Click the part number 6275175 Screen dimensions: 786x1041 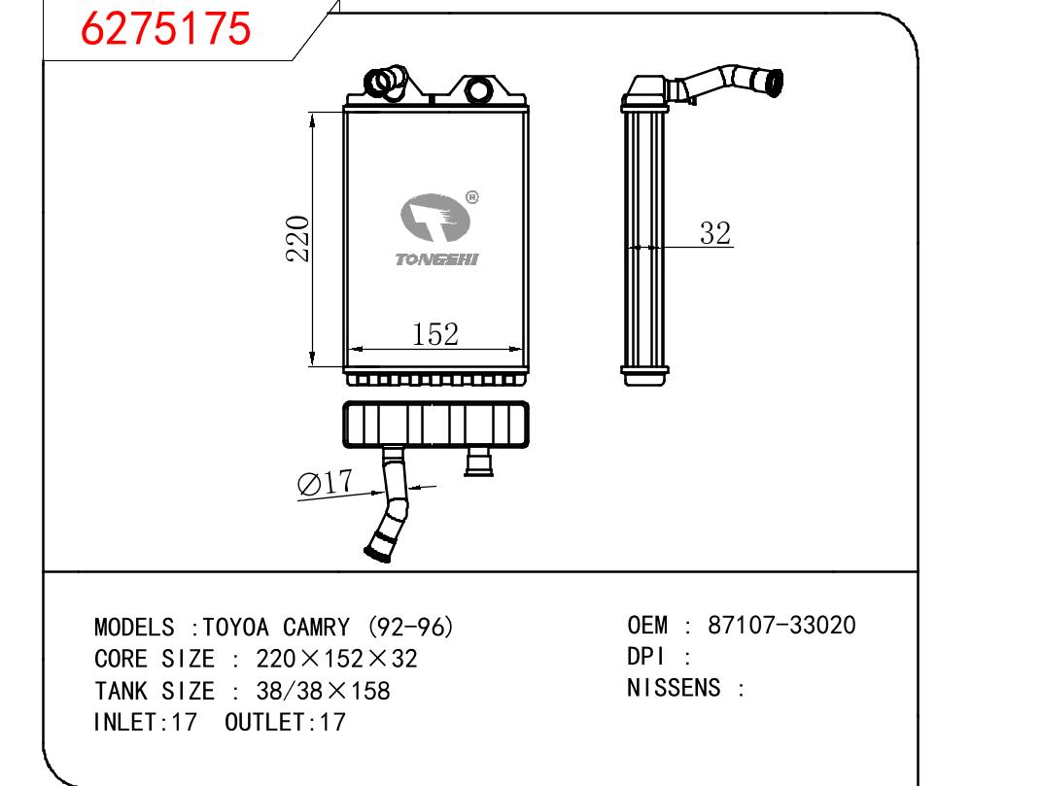click(x=165, y=30)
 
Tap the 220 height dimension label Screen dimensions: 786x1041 click(x=297, y=238)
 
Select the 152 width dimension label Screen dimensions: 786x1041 click(x=434, y=334)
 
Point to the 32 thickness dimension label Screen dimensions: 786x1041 click(x=714, y=233)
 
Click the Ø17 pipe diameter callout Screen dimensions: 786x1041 click(x=325, y=484)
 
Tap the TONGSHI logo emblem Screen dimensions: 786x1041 click(x=435, y=220)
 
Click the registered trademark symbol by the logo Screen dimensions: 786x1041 click(x=471, y=197)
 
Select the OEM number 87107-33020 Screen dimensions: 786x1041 click(x=782, y=626)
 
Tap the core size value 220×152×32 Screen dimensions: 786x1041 click(x=336, y=659)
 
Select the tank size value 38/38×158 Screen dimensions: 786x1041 click(x=324, y=691)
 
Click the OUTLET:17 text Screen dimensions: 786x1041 click(x=285, y=723)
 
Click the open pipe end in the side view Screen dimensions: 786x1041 click(x=774, y=83)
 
